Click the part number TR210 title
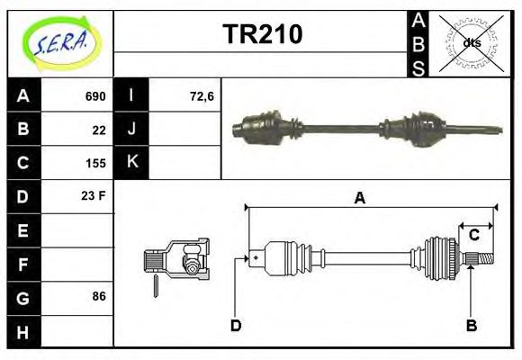pos(262,34)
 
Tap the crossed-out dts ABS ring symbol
pos(472,43)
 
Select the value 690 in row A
pos(95,96)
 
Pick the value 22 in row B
pos(99,130)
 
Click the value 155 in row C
pos(95,164)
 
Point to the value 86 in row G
pos(99,295)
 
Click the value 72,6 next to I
pos(202,96)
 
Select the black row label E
pos(22,230)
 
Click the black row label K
pos(132,163)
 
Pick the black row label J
pos(132,130)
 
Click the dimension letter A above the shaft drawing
pos(360,199)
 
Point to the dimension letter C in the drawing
pos(473,236)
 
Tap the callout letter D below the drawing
pos(236,325)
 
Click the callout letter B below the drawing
pos(471,325)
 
